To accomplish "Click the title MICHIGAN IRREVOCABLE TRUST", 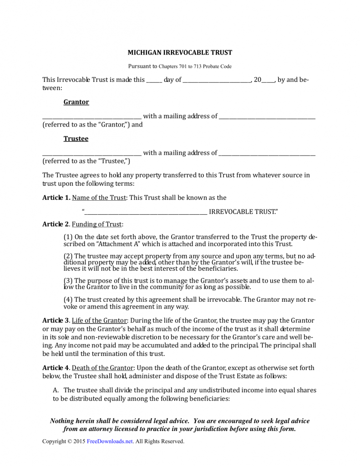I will point(180,53).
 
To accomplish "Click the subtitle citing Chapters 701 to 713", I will point(180,66).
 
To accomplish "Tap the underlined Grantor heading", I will point(76,102).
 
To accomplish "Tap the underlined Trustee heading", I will point(76,138).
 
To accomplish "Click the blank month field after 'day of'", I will point(217,80).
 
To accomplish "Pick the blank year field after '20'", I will point(268,80).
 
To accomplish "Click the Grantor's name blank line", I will point(91,117).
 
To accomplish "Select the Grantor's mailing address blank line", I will point(267,117).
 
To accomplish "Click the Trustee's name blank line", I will point(91,153).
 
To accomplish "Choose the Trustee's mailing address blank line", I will point(267,153).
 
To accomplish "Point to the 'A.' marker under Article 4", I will point(56,390).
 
